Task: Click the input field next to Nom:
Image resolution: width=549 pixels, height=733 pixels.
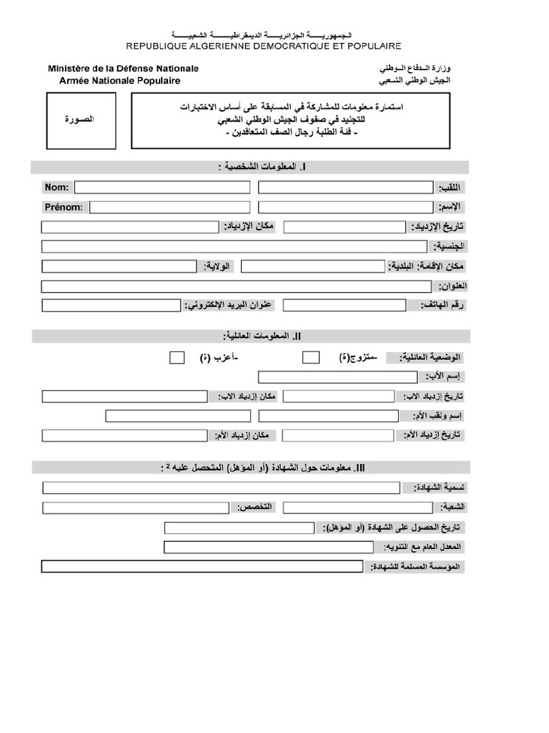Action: [162, 188]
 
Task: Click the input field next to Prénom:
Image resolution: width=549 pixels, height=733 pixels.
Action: [170, 208]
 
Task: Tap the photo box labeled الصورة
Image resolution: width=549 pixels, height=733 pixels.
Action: [79, 120]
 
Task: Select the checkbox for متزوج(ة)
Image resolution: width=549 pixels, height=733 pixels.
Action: [311, 357]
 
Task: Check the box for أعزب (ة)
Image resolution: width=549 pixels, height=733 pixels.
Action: [177, 357]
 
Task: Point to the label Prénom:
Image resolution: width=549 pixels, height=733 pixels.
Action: [64, 208]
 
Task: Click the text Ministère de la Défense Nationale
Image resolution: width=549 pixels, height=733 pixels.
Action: [124, 69]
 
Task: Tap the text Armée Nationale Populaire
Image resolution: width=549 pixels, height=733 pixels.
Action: [119, 81]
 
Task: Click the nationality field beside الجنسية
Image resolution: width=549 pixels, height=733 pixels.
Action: [235, 247]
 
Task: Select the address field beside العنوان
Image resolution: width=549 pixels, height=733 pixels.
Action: [237, 286]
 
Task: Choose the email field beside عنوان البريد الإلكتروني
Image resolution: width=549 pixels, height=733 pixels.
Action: [111, 306]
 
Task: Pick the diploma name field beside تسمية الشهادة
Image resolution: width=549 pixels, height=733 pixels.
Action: [221, 488]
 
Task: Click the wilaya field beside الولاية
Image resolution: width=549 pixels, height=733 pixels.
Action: [119, 267]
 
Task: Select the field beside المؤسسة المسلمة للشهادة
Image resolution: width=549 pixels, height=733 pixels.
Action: [202, 567]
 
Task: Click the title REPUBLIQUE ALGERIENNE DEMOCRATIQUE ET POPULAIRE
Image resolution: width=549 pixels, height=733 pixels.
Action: [264, 46]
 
